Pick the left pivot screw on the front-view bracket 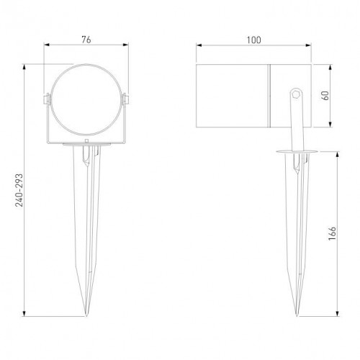47,98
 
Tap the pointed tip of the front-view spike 87,315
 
